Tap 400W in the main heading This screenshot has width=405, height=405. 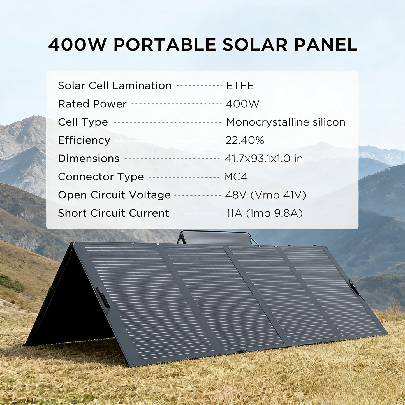(78, 45)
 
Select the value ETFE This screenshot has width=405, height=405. (240, 86)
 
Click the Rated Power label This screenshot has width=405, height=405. (92, 104)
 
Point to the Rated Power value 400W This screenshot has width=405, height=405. (243, 104)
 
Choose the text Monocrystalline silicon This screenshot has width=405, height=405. (286, 122)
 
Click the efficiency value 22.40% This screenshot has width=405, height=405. (245, 140)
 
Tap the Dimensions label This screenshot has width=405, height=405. (89, 159)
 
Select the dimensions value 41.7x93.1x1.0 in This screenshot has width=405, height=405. (264, 159)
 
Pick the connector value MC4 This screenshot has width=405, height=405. (236, 177)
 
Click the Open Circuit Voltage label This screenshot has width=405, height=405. (114, 195)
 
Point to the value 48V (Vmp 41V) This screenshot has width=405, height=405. (265, 195)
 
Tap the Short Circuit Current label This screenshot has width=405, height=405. (114, 213)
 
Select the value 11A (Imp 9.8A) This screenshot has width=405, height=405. (265, 213)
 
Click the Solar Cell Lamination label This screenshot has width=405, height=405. (115, 86)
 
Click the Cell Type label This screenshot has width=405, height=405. (83, 122)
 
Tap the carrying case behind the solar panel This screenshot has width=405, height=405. (216, 238)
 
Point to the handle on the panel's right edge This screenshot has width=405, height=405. (354, 288)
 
